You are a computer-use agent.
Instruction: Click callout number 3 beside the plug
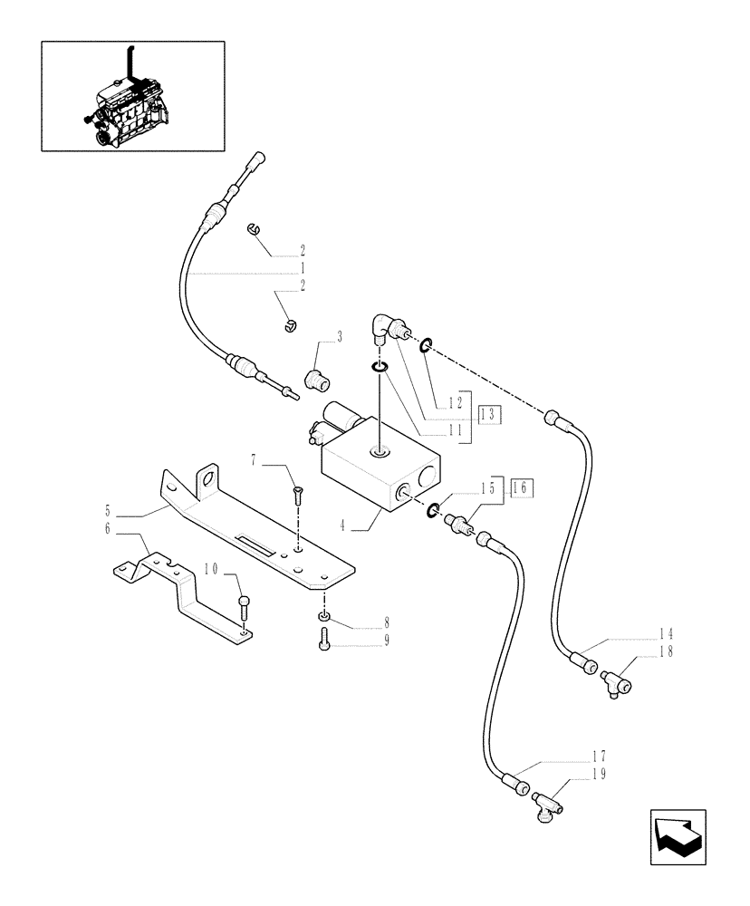click(x=340, y=337)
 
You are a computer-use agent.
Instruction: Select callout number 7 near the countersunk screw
click(x=257, y=463)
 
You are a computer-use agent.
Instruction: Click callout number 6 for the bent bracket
click(x=108, y=529)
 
